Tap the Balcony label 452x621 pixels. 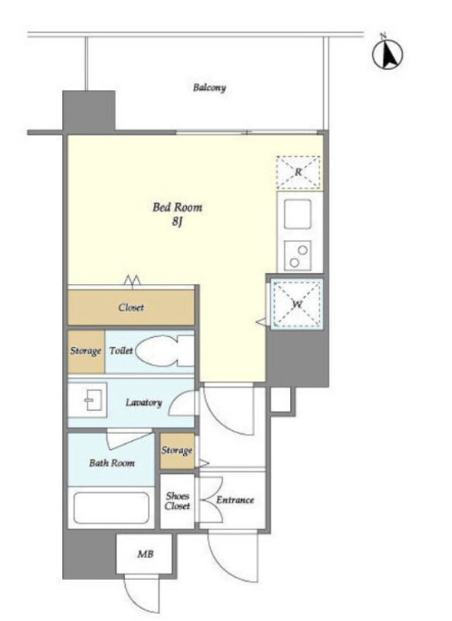click(209, 88)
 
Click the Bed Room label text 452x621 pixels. click(178, 207)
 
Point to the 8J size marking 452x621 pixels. click(177, 222)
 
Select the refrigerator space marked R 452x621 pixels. click(298, 172)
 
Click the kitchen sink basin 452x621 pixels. click(298, 214)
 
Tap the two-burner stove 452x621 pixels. click(298, 255)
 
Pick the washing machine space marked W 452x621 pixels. click(297, 304)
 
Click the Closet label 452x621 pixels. click(131, 307)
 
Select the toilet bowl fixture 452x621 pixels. click(164, 351)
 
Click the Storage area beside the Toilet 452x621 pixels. click(86, 352)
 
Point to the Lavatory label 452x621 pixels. click(144, 403)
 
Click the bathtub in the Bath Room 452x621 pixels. click(111, 508)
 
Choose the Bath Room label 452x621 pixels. click(112, 463)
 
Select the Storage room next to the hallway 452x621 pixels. click(178, 451)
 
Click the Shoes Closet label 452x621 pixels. click(178, 501)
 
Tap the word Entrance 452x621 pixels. click(235, 500)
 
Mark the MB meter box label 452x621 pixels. click(145, 554)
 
